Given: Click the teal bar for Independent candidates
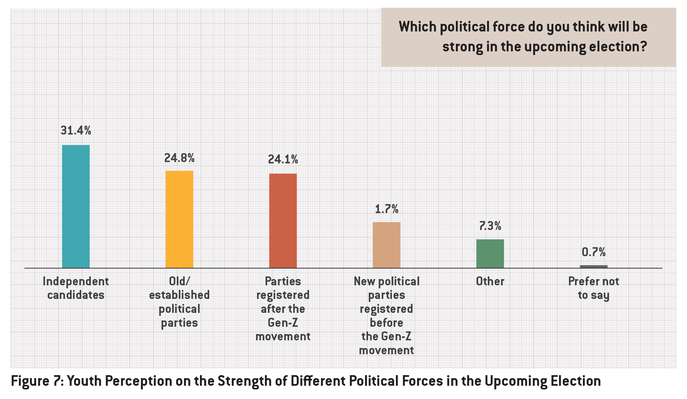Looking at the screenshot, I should point(76,206).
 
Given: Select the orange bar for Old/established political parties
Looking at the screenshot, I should point(179,219).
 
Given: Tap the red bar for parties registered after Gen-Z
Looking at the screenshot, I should point(283,220).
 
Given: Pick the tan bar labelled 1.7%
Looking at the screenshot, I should point(386,245).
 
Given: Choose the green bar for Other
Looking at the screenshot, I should point(490,254).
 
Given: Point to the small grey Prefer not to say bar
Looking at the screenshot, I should point(593,266).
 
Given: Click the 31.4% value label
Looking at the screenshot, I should point(76,131).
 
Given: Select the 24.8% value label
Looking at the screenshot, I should point(179,158).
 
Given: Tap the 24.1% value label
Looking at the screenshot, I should point(283,160).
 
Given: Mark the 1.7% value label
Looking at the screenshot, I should point(387,209).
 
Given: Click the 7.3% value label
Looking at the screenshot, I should point(490,226).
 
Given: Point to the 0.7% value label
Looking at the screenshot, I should point(593,252).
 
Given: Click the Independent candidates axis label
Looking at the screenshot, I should point(76,288).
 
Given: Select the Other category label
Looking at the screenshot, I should point(490,281).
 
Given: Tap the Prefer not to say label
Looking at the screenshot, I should point(593,288).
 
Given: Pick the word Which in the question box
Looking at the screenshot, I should point(417,27).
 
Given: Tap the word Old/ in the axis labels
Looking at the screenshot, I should point(179,281).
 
